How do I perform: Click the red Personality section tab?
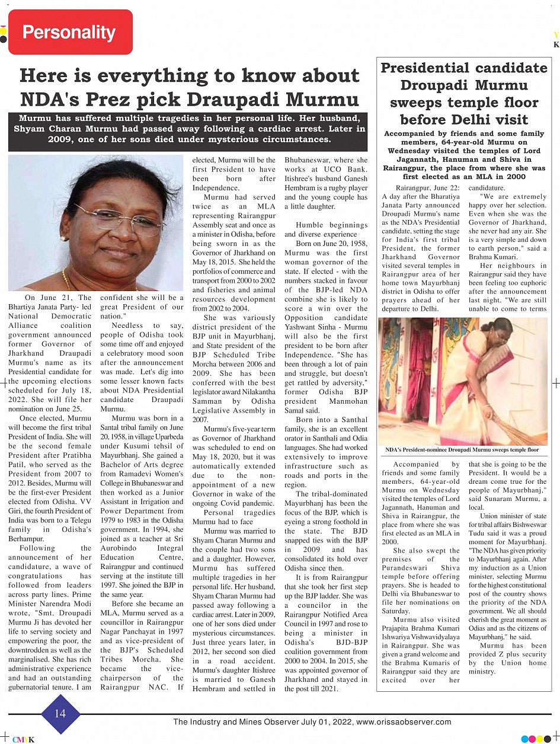(x=69, y=32)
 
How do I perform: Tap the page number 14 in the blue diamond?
(x=60, y=713)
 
